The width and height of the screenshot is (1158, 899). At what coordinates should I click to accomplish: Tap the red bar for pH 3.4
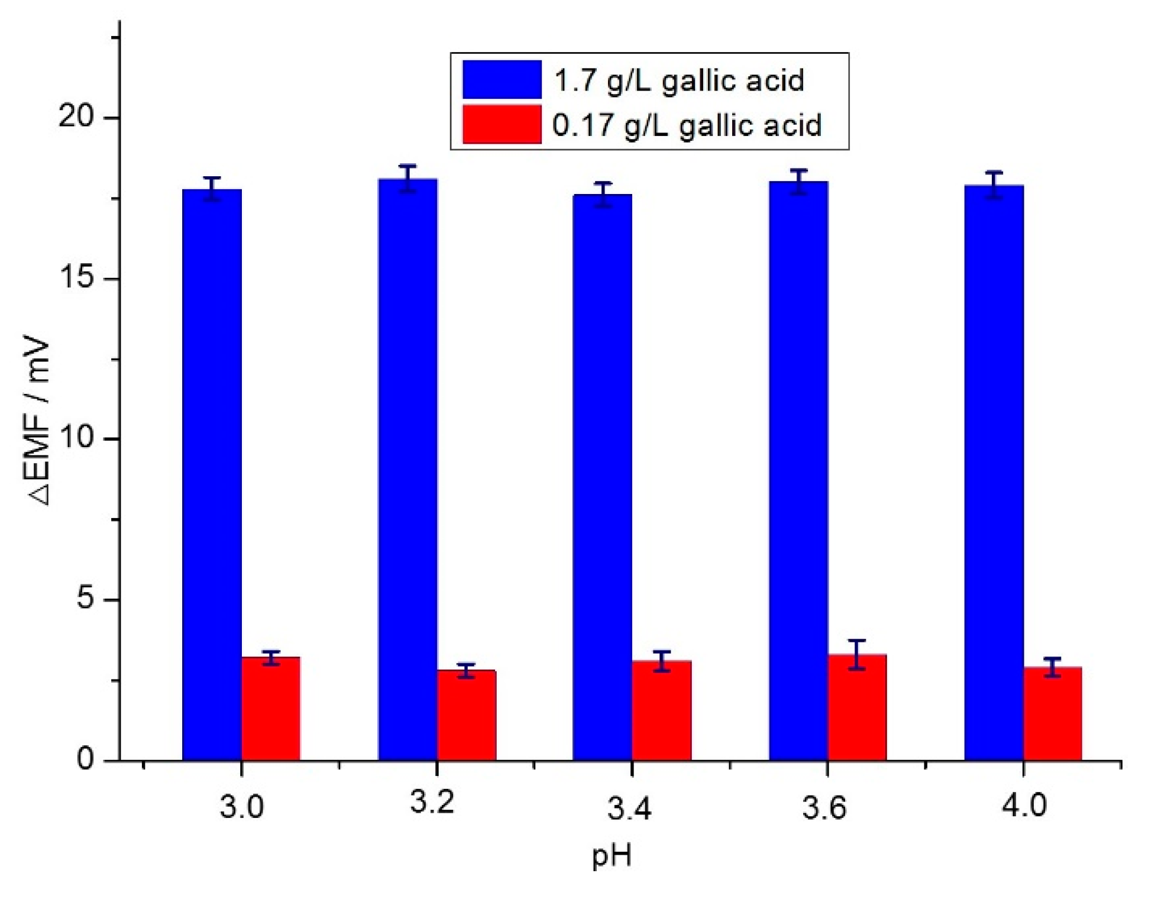(662, 710)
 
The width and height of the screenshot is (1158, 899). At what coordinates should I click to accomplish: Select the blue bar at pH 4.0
(994, 473)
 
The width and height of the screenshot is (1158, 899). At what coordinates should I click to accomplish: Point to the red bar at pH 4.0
(1053, 713)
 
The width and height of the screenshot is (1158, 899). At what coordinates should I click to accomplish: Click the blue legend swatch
(502, 79)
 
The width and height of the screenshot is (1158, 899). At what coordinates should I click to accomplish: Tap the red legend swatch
(502, 124)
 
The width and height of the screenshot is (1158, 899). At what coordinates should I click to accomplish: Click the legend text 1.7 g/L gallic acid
(679, 80)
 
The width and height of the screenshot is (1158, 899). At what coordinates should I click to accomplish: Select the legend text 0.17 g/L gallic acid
(687, 125)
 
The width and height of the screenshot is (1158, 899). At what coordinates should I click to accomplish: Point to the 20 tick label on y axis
(77, 117)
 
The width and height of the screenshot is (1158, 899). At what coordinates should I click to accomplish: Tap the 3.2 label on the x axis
(432, 803)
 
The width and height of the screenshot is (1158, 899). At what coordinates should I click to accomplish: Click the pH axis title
(612, 855)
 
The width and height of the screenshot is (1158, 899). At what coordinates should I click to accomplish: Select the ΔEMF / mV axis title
(38, 421)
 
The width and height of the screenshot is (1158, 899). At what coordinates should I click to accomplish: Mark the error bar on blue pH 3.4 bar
(603, 195)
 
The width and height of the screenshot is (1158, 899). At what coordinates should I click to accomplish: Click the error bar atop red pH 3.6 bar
(857, 654)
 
